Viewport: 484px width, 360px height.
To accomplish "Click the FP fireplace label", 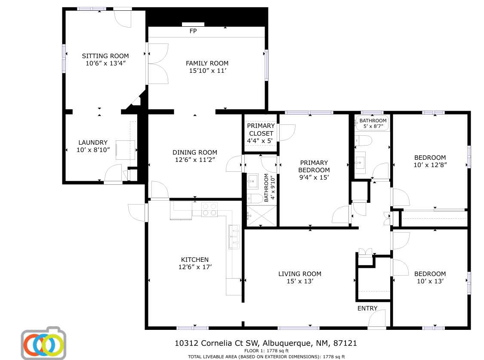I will (x=193, y=31).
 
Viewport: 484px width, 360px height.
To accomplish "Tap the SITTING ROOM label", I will (x=105, y=56).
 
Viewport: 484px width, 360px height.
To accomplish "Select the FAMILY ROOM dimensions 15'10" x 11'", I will (x=207, y=71).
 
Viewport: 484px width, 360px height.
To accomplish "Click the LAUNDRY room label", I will (x=93, y=143).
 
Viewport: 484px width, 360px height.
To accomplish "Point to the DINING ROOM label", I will (x=195, y=152).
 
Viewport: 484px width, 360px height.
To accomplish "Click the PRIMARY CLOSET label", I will (x=260, y=130).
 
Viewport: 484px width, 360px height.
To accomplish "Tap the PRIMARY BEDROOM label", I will (x=314, y=166).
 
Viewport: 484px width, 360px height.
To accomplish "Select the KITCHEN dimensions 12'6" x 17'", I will (x=195, y=267).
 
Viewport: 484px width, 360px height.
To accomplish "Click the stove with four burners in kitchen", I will (x=210, y=209).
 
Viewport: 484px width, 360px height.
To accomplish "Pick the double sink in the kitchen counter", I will (x=234, y=237).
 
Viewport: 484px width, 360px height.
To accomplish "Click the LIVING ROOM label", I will (x=299, y=274).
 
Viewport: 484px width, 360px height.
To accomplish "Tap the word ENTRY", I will (x=367, y=308).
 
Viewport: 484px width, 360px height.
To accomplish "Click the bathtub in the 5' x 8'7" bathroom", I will (x=373, y=124).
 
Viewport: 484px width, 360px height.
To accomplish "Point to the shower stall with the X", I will (x=261, y=216).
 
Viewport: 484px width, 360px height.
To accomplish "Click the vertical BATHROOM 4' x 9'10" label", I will (x=268, y=188).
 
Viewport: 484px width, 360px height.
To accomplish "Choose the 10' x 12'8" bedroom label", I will (x=430, y=161).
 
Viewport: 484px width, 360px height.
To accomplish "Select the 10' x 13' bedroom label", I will (x=430, y=277).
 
